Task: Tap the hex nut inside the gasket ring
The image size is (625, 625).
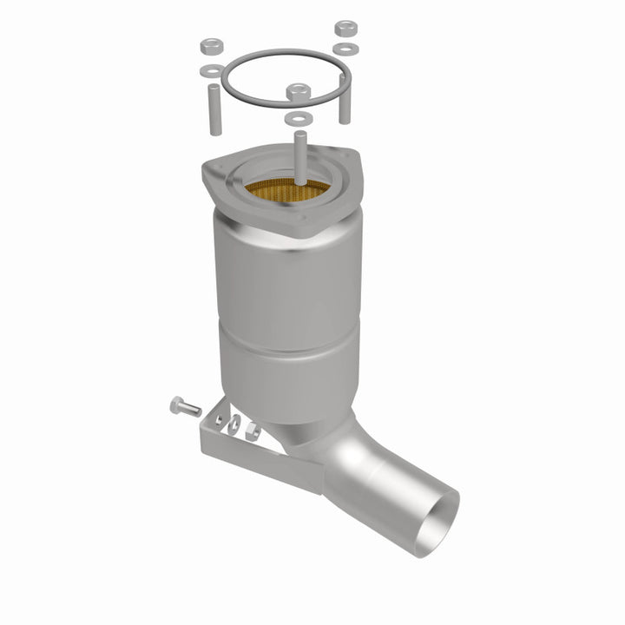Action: click(298, 90)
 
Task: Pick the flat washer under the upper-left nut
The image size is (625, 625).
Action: click(209, 69)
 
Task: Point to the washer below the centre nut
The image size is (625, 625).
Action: click(298, 116)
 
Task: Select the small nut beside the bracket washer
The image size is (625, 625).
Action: click(251, 430)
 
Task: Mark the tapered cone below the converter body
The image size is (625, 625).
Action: click(304, 417)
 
